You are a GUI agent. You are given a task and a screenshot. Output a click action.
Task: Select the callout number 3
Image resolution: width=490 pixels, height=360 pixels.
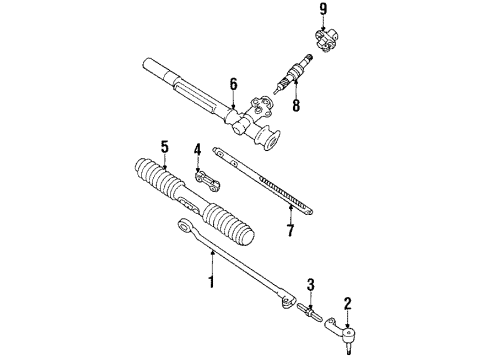310,284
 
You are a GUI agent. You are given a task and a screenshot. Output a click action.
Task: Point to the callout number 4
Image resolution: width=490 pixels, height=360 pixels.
198,152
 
